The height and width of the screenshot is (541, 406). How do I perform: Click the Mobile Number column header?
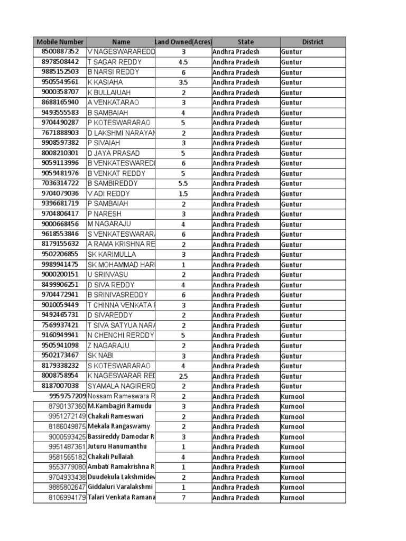click(x=60, y=42)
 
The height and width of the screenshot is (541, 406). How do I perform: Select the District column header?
click(x=312, y=42)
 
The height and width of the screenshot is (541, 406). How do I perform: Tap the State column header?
click(x=246, y=42)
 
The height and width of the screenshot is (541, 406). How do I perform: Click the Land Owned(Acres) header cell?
click(x=183, y=42)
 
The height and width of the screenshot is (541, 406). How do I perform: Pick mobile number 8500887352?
click(x=60, y=52)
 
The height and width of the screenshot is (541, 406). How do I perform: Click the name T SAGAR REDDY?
click(x=114, y=62)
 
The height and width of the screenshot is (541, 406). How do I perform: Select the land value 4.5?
click(x=183, y=62)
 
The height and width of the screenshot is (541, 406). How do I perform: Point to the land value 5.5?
click(x=183, y=183)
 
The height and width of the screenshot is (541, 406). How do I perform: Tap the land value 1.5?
click(x=183, y=194)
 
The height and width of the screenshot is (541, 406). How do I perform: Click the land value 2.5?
click(x=183, y=376)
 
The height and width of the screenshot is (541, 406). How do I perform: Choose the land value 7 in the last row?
click(x=183, y=498)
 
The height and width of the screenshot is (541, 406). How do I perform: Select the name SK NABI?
click(x=100, y=356)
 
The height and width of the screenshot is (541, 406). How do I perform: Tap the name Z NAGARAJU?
click(x=108, y=346)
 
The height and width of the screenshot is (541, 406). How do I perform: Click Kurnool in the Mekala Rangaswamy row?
click(x=292, y=427)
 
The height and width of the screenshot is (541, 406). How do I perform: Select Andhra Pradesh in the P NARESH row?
click(x=236, y=214)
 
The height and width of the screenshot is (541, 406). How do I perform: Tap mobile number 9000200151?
click(x=60, y=275)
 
